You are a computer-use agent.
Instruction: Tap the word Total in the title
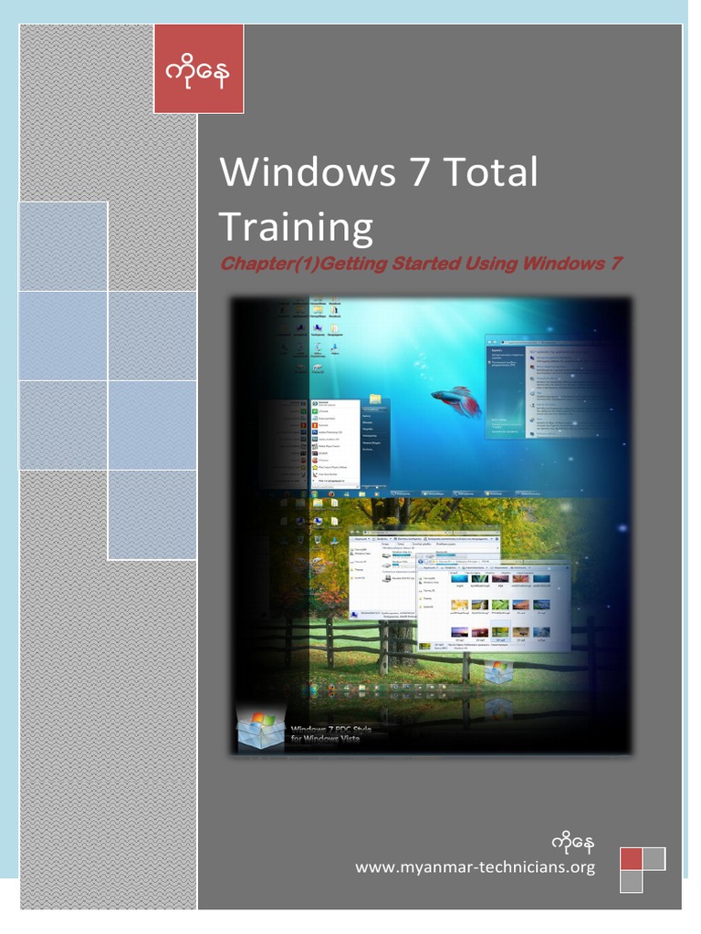(x=492, y=171)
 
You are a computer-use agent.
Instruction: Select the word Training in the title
(x=296, y=226)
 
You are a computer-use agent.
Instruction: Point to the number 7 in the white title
(x=418, y=171)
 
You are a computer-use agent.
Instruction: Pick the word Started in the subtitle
(x=425, y=265)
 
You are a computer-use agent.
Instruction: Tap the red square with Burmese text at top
(x=198, y=69)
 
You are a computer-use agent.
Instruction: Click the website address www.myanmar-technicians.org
(x=475, y=867)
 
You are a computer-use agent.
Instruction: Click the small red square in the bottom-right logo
(x=631, y=858)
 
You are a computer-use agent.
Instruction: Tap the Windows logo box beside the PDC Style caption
(x=260, y=727)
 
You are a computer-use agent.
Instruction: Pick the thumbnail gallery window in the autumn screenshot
(x=492, y=607)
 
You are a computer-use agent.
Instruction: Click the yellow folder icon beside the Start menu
(x=374, y=400)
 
